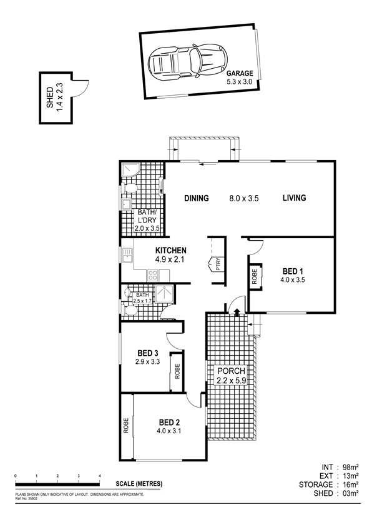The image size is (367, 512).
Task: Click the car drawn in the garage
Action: click(188, 62)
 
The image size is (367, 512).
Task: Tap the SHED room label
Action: click(50, 98)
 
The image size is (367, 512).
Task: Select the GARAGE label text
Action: click(240, 74)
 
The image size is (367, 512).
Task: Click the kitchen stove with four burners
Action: click(152, 275)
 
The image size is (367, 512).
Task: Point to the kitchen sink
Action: click(127, 255)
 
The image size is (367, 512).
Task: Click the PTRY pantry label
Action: click(218, 264)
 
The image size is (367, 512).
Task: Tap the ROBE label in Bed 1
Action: click(255, 276)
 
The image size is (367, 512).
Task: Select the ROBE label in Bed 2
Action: click(126, 426)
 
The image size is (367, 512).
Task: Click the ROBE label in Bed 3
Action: click(177, 371)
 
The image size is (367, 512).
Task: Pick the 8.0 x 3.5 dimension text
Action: click(244, 198)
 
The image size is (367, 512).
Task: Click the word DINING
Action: click(197, 198)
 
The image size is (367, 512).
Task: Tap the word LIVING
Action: click(295, 198)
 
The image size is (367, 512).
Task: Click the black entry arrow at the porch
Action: click(237, 312)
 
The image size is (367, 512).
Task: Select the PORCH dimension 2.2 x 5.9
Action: click(232, 381)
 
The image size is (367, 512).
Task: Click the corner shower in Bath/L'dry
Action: click(130, 170)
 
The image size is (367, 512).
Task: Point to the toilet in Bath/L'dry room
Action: click(129, 188)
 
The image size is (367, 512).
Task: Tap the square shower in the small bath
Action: click(164, 294)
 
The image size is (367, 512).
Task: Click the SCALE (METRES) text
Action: click(139, 484)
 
